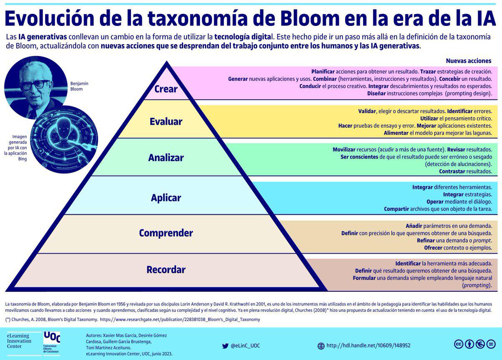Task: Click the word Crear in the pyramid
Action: (166, 89)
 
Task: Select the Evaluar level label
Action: (166, 122)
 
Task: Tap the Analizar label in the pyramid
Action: (166, 158)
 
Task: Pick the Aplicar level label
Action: (166, 198)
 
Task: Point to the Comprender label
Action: (166, 233)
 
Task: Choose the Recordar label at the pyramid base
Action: (166, 270)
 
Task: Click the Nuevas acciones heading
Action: (469, 61)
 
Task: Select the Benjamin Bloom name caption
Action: (79, 86)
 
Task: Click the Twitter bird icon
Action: (225, 346)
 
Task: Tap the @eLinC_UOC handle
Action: (245, 346)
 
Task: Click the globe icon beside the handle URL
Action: (321, 346)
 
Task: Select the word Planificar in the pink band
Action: (323, 72)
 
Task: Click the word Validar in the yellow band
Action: (367, 111)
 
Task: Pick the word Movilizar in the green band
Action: (344, 149)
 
